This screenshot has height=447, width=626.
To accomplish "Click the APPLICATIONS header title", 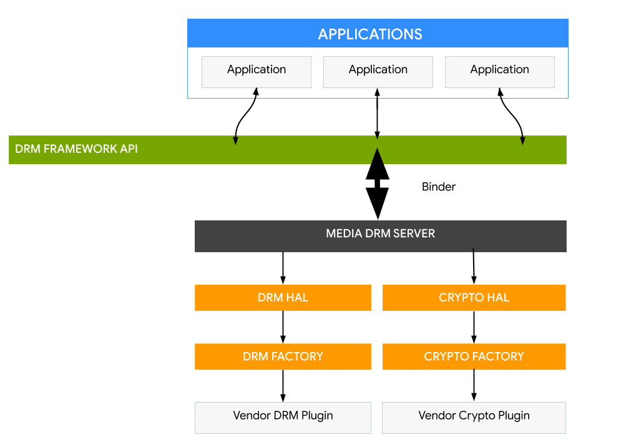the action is point(370,34).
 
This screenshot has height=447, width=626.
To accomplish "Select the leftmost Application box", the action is point(256,71).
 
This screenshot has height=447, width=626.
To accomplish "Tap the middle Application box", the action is point(378,71).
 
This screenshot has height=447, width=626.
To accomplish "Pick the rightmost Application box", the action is point(499,71).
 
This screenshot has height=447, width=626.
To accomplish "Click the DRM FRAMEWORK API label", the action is point(76,149).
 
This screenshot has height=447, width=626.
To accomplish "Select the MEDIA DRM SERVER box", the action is point(380,235).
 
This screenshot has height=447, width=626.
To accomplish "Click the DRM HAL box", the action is point(283,298).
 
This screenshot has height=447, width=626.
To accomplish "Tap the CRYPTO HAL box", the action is point(474,298).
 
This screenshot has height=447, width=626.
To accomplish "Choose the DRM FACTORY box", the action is point(283,356).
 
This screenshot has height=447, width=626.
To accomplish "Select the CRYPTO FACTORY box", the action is point(474,356).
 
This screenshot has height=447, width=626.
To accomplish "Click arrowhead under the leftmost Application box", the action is point(256,92).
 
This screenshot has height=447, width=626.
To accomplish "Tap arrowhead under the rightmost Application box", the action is point(500,92).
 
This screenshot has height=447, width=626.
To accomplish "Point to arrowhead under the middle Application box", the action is point(377,92).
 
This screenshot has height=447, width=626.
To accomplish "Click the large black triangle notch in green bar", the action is point(377,157).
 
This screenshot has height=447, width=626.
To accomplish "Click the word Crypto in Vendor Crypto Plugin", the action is point(477,415).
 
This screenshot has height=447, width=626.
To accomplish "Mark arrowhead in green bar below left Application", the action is point(235,140).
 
